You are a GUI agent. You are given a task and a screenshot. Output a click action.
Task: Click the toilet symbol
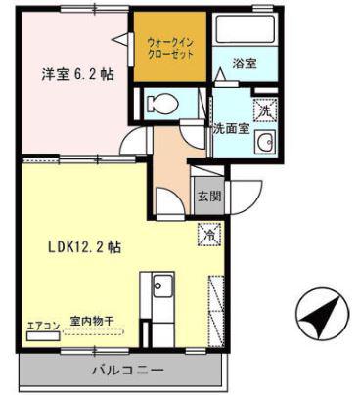click(162, 104)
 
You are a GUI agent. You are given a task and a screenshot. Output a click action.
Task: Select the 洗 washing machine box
click(265, 110)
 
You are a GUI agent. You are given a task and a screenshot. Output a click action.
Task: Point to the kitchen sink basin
click(163, 285)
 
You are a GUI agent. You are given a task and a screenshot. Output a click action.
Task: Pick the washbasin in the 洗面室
click(265, 142)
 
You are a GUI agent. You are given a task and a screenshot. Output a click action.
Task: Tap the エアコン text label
click(43, 326)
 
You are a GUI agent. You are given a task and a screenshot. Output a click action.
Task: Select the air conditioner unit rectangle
click(43, 336)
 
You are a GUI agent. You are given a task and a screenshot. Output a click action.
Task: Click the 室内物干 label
click(92, 322)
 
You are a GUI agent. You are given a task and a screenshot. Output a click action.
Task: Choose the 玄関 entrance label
click(209, 197)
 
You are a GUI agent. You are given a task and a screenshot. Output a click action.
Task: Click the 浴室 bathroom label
click(245, 64)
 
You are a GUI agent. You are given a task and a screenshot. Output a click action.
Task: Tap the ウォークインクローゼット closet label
click(170, 48)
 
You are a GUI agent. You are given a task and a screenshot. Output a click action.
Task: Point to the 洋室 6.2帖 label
click(77, 75)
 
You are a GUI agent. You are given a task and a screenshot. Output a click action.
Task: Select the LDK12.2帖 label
click(85, 247)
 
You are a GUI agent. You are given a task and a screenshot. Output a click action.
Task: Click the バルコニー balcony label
click(127, 371)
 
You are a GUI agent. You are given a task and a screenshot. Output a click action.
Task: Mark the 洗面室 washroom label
click(232, 129)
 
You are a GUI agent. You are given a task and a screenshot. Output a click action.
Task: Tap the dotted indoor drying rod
click(93, 332)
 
